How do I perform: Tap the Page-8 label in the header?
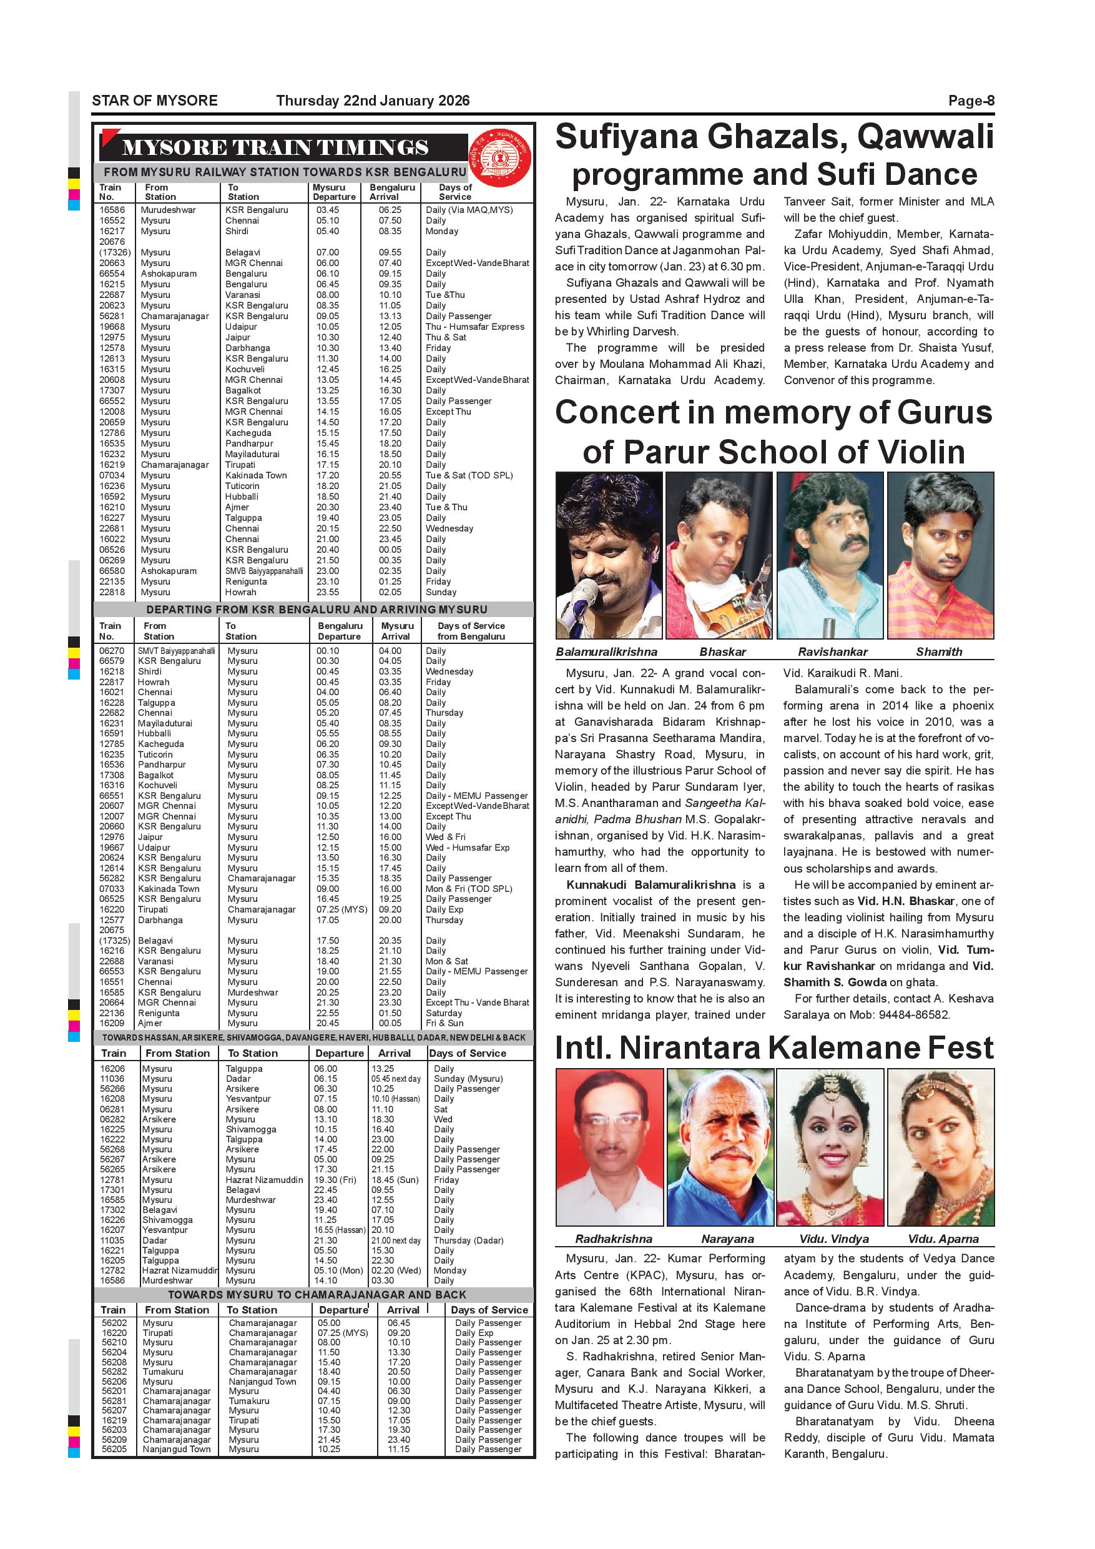click(971, 101)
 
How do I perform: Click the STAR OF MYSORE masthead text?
click(154, 101)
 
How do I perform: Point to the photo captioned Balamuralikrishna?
click(607, 555)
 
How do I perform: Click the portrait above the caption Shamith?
click(940, 555)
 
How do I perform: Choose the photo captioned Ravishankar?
click(829, 555)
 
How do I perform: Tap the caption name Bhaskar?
click(722, 651)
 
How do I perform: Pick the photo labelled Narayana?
click(719, 1148)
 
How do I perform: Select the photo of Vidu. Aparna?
click(940, 1148)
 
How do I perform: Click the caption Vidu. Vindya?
click(833, 1239)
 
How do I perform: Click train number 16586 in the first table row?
click(112, 210)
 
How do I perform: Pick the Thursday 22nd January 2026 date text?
click(372, 101)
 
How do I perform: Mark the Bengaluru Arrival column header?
click(392, 192)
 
